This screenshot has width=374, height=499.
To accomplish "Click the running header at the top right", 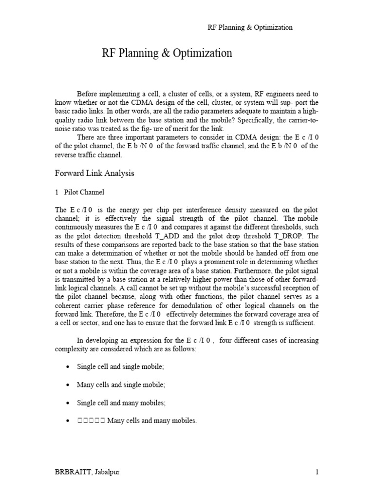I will tap(250, 27).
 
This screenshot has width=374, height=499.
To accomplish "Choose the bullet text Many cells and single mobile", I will tap(121, 384).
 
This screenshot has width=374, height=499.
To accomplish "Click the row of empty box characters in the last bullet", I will tap(91, 421).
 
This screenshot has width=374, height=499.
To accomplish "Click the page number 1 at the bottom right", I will tap(317, 472).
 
